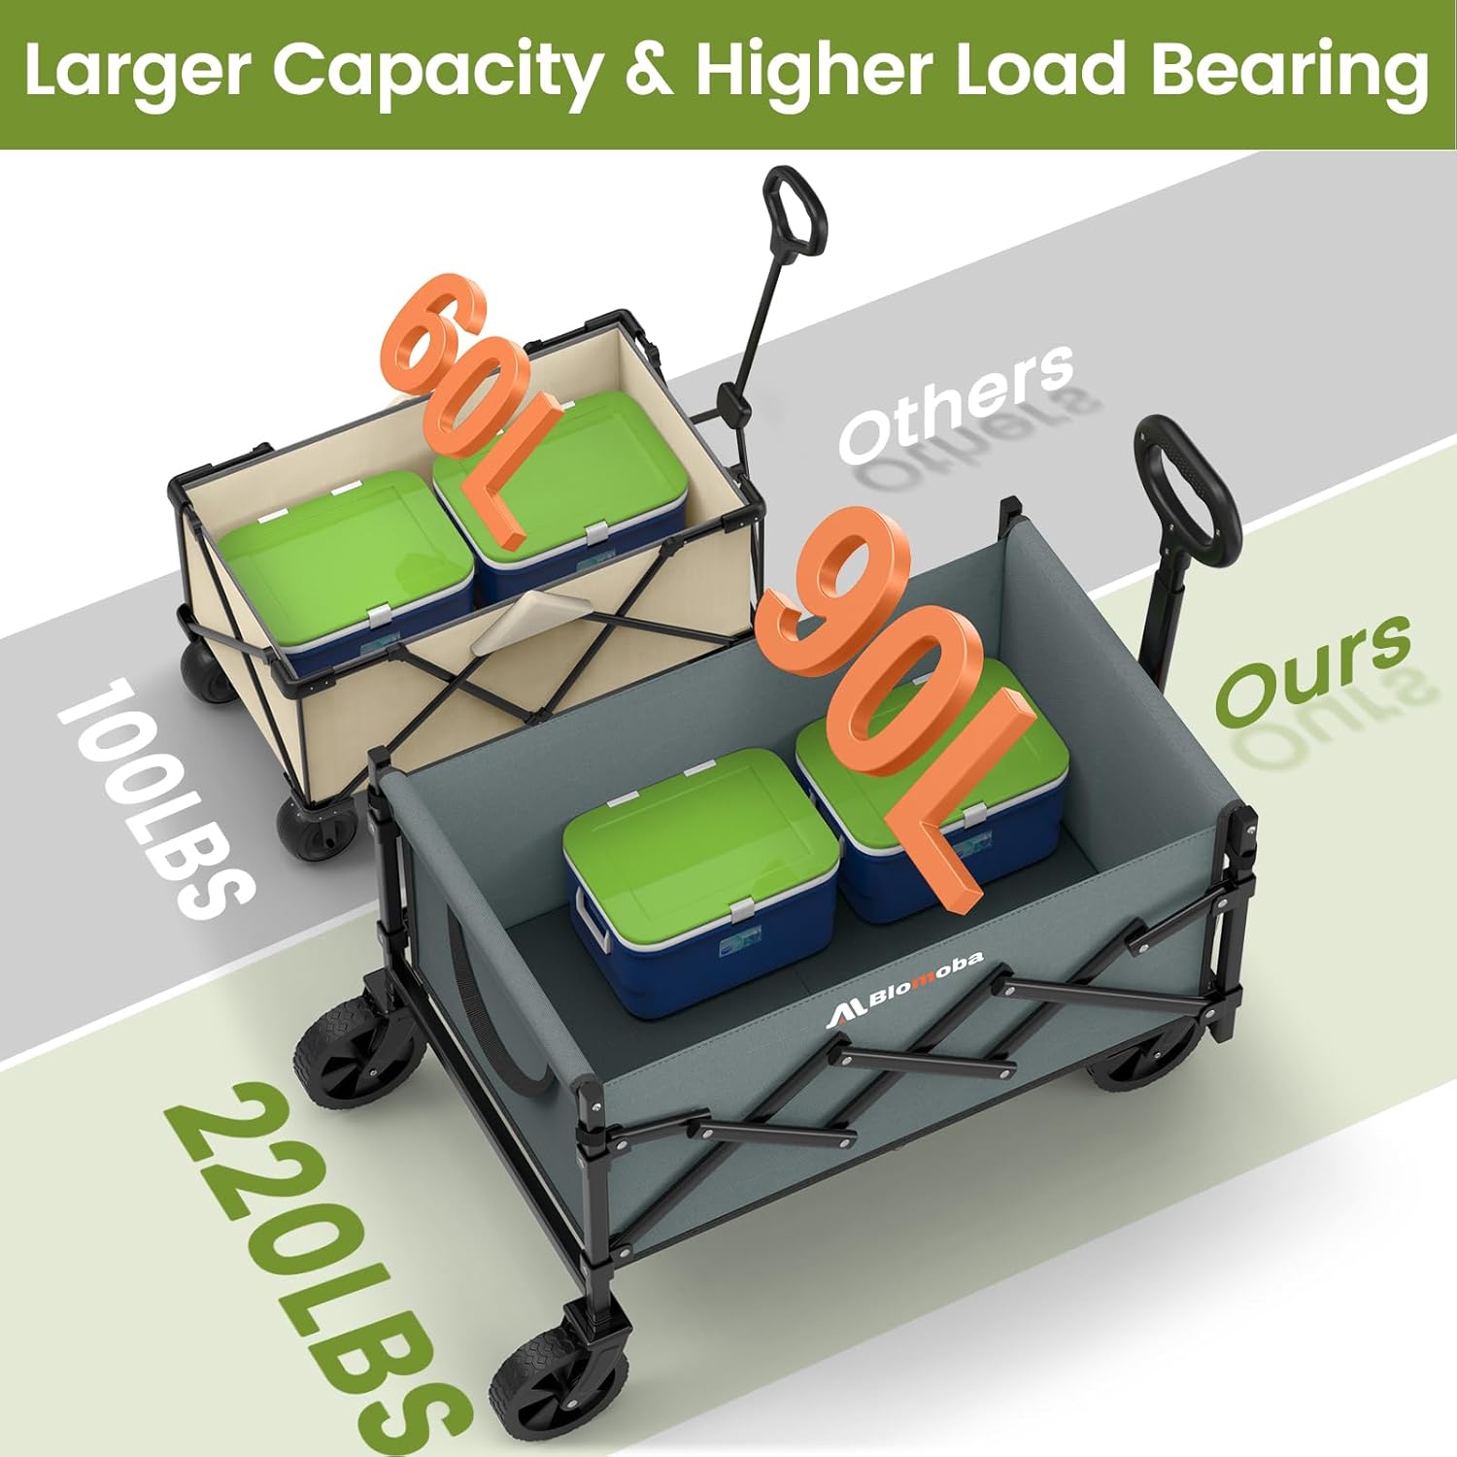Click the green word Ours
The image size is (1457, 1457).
point(1311,670)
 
